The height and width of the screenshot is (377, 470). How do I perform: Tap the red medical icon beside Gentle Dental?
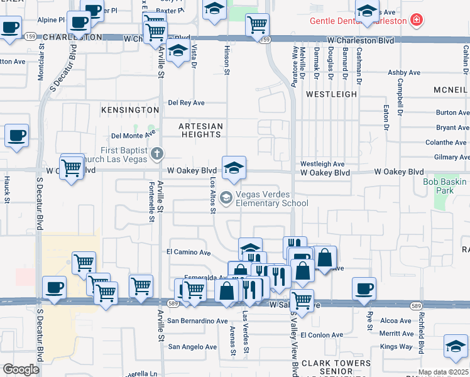pos(415,21)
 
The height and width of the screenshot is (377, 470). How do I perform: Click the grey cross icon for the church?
pos(157,153)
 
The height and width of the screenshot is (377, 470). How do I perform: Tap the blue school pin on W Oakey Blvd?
pos(234,167)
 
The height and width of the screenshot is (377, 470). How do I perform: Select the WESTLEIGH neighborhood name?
pos(331,94)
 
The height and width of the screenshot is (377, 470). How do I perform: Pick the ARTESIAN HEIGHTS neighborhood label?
pos(200,131)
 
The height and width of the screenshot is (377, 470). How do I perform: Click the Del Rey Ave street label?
pos(186,103)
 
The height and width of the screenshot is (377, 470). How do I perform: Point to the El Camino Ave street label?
pos(188,252)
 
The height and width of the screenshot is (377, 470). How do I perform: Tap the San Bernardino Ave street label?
pos(197,320)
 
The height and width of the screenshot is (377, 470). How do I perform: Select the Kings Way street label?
pos(396,346)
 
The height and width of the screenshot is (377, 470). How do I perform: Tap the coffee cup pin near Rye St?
pos(364,289)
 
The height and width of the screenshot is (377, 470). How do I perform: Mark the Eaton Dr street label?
pos(386,113)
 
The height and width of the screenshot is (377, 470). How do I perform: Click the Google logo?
pos(21,369)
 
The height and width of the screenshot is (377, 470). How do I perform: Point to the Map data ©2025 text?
pos(443,372)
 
